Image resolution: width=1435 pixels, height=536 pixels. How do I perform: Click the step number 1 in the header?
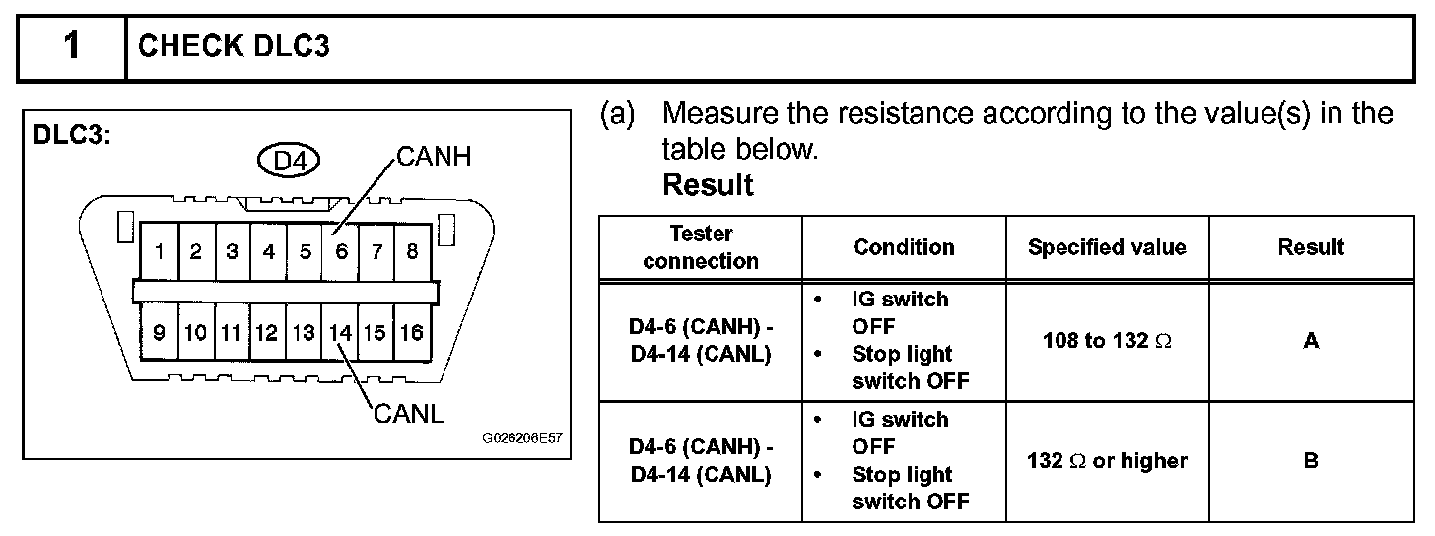[71, 47]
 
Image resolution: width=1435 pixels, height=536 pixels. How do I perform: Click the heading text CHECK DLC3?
[234, 47]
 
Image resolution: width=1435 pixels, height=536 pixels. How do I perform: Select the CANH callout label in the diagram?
[434, 157]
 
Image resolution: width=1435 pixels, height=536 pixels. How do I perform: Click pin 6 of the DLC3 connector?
[341, 252]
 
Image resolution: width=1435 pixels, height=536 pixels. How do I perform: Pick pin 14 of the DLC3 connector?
[341, 333]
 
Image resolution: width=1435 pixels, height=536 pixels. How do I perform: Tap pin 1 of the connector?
[159, 252]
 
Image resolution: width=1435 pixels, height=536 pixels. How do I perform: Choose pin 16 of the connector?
[411, 333]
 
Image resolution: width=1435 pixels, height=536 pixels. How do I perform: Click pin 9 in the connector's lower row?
[159, 333]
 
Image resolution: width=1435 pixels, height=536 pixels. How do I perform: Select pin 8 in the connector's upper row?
[412, 252]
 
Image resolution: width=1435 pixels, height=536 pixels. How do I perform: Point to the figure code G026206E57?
[521, 438]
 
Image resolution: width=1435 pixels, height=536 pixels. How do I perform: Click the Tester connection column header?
[701, 247]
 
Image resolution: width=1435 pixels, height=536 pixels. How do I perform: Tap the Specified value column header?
[1107, 247]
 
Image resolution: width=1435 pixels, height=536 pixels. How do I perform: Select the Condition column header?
[904, 247]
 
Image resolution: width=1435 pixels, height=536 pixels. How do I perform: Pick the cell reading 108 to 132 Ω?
[1107, 341]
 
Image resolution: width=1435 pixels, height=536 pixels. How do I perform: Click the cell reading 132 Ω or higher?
[1107, 460]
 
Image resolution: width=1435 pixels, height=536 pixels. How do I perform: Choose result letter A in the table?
[1311, 341]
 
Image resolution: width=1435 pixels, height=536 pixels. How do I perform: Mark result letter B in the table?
[1311, 460]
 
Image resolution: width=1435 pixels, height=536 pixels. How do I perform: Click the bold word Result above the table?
[708, 185]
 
